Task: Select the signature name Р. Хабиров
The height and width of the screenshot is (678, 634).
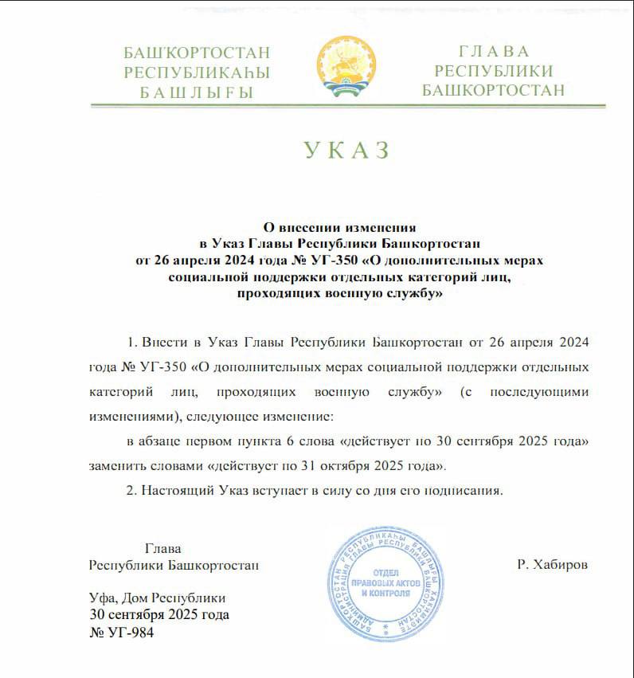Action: pyautogui.click(x=552, y=565)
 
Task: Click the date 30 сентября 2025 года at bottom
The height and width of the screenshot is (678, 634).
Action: pyautogui.click(x=159, y=614)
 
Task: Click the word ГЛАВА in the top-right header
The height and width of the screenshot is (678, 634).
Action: pyautogui.click(x=494, y=52)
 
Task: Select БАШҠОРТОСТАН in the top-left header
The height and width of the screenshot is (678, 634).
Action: pyautogui.click(x=197, y=53)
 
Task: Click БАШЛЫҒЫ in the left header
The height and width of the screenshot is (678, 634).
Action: pyautogui.click(x=196, y=92)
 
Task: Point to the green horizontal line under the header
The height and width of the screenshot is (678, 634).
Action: pyautogui.click(x=347, y=105)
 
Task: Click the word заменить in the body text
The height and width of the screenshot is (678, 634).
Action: pyautogui.click(x=116, y=465)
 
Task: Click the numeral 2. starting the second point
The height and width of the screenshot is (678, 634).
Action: pyautogui.click(x=132, y=490)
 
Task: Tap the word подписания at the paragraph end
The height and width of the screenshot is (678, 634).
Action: pyautogui.click(x=468, y=490)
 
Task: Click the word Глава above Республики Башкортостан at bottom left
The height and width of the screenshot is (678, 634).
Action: pyautogui.click(x=163, y=548)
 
